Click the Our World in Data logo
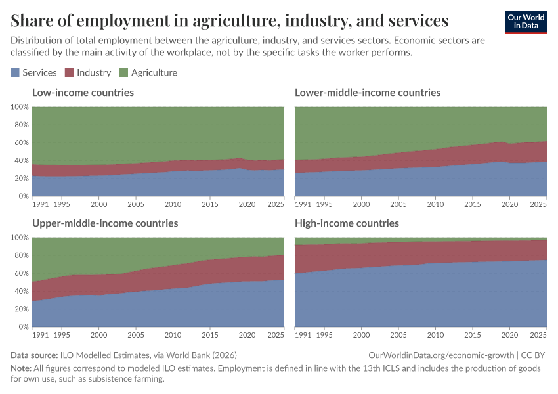click(525, 22)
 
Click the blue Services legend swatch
click(15, 73)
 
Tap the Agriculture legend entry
click(148, 73)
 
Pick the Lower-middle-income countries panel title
click(368, 93)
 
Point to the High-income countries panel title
click(347, 223)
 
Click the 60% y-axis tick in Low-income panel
click(20, 142)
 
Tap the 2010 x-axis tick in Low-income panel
click(173, 205)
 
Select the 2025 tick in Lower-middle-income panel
click(538, 205)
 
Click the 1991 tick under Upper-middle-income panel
click(41, 336)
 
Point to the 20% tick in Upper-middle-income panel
click(20, 309)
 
